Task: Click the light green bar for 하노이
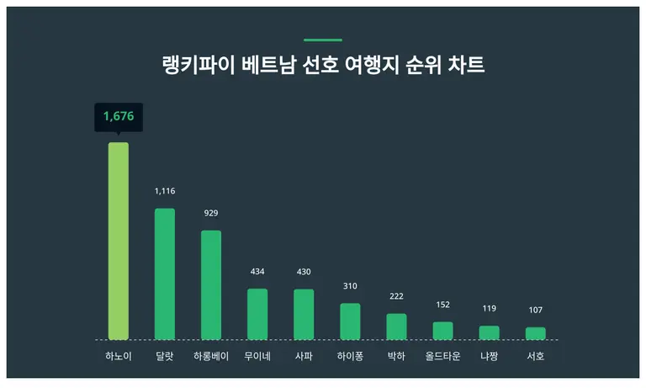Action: coord(119,241)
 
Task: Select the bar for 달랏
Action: coord(165,274)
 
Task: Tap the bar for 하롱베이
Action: coord(211,284)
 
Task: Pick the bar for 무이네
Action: coord(257,314)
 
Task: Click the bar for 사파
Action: coord(304,314)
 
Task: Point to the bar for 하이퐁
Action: coord(350,322)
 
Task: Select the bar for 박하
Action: coord(396,327)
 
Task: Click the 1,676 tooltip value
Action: coord(119,116)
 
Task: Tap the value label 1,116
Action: coord(165,192)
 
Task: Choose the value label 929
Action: coord(211,213)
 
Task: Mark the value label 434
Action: coord(257,271)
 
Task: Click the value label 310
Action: coord(350,286)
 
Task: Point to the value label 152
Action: coord(442,305)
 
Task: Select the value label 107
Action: coord(535,311)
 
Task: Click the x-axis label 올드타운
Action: coord(442,357)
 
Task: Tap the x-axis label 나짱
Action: coord(489,357)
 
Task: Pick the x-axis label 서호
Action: coord(535,357)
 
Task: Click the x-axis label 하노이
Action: coord(119,357)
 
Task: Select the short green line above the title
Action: coord(323,40)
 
